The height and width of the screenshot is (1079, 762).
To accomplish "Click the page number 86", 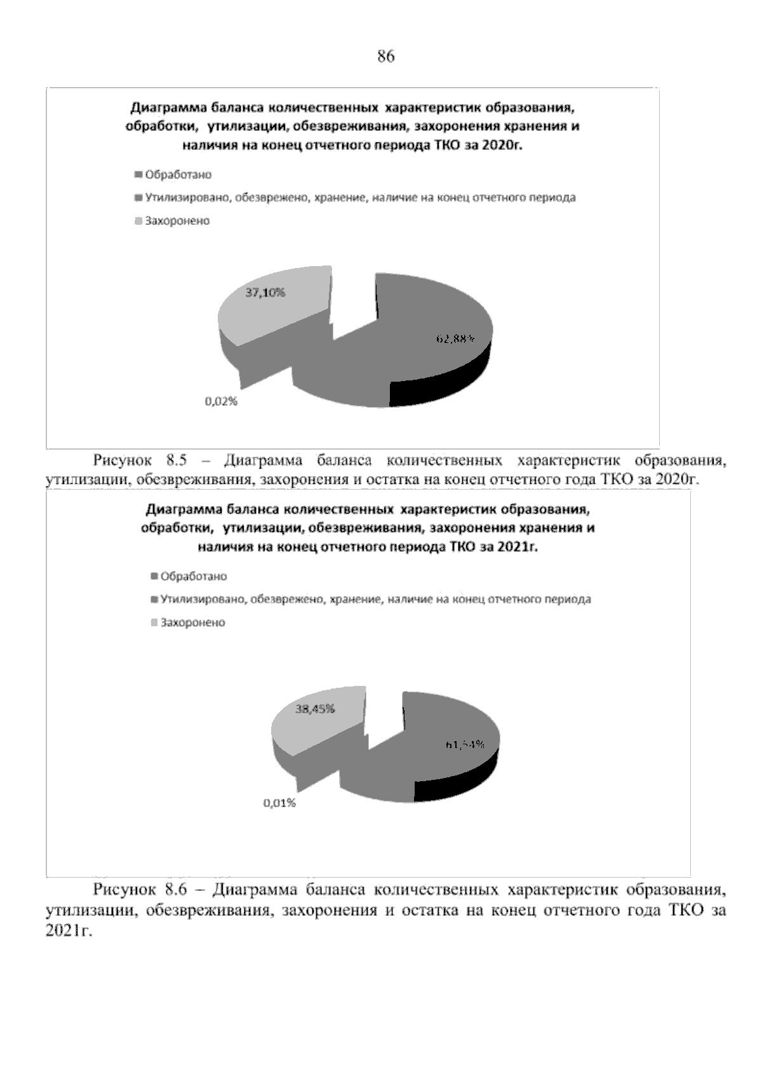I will (x=385, y=57).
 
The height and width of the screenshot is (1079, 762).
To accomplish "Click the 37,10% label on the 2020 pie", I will (x=265, y=293).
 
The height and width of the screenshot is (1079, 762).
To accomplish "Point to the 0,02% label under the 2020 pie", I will (x=221, y=401).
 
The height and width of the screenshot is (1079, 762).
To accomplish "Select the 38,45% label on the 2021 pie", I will (x=316, y=709).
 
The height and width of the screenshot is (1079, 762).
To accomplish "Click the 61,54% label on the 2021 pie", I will (x=465, y=744).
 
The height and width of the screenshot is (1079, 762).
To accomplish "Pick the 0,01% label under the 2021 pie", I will (x=280, y=803).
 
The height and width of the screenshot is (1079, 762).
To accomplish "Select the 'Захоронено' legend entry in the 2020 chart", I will (x=177, y=221).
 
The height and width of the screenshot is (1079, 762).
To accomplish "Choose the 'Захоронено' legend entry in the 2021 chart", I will (x=192, y=622).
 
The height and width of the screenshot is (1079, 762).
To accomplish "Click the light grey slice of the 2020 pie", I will (x=267, y=311).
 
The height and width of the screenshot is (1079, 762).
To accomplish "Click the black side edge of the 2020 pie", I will (x=444, y=381).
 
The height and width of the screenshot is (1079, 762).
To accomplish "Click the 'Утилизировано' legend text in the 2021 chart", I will (x=204, y=599).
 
